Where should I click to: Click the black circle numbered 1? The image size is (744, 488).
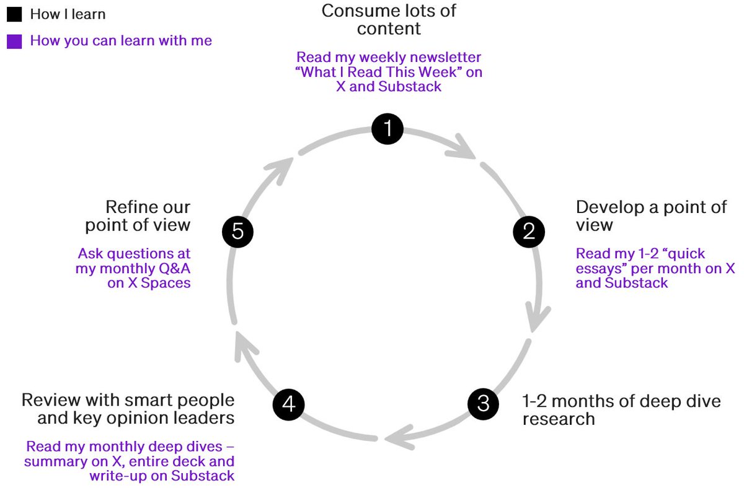click(x=387, y=129)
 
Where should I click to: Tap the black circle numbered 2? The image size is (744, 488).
click(x=529, y=232)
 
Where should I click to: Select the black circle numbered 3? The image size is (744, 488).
click(x=483, y=404)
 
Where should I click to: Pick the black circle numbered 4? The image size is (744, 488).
click(x=288, y=404)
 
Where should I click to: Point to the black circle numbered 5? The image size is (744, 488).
click(x=238, y=232)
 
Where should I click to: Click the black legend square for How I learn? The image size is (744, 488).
click(x=14, y=14)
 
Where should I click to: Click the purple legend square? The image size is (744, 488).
click(x=14, y=41)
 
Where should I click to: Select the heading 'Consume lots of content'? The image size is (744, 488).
click(x=389, y=20)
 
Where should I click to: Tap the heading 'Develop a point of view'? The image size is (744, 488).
click(x=651, y=215)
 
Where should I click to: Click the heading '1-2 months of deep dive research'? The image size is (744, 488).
click(x=621, y=409)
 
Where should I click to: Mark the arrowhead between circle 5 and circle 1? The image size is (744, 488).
click(x=285, y=165)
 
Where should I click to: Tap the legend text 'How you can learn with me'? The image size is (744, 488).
click(x=121, y=41)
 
